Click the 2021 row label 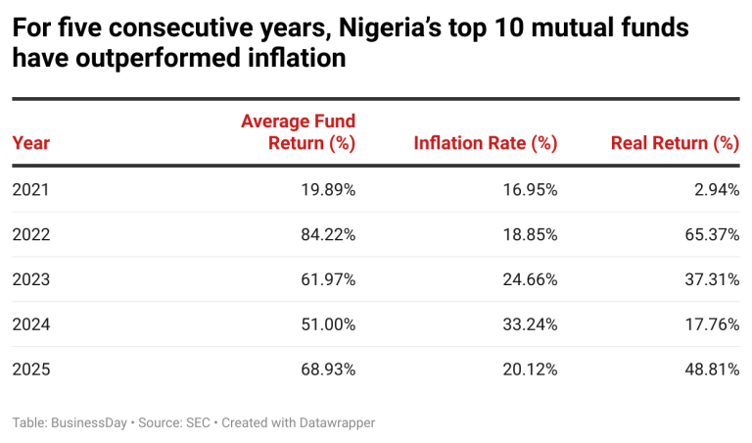pyautogui.click(x=30, y=189)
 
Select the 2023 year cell pyautogui.click(x=30, y=279)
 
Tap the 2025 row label pyautogui.click(x=30, y=369)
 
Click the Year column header pyautogui.click(x=30, y=143)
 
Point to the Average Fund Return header pyautogui.click(x=298, y=132)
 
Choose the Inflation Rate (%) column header pyautogui.click(x=485, y=143)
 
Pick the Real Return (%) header pyautogui.click(x=675, y=143)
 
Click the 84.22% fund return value pyautogui.click(x=328, y=234)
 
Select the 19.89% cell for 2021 pyautogui.click(x=328, y=189)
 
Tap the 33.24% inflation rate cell pyautogui.click(x=531, y=324)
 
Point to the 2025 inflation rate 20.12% pyautogui.click(x=531, y=369)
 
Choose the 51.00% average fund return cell pyautogui.click(x=328, y=324)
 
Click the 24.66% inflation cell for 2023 pyautogui.click(x=531, y=279)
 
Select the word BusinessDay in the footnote pyautogui.click(x=89, y=422)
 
